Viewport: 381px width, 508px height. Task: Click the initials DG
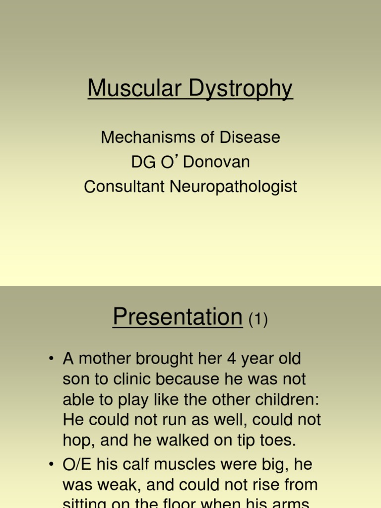pyautogui.click(x=142, y=162)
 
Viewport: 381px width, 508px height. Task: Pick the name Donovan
pyautogui.click(x=216, y=162)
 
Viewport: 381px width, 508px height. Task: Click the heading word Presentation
pyautogui.click(x=177, y=317)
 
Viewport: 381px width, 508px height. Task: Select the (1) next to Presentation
pyautogui.click(x=258, y=320)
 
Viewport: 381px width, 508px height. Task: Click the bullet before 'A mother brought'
pyautogui.click(x=51, y=359)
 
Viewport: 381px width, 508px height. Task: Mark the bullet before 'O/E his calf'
pyautogui.click(x=51, y=465)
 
